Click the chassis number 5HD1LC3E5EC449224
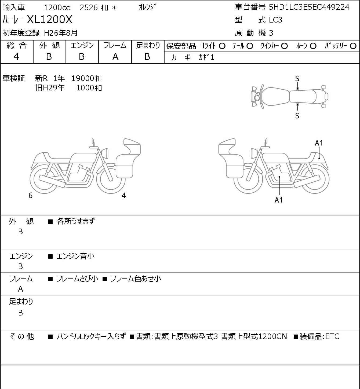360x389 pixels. (x=309, y=7)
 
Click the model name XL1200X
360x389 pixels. (x=49, y=19)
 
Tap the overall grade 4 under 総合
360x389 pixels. (x=16, y=57)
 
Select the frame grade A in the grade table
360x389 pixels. (x=115, y=57)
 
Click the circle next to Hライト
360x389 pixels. (x=222, y=46)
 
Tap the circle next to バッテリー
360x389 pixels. (x=353, y=46)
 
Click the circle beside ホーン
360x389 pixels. (x=313, y=46)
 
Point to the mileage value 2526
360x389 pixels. (x=89, y=8)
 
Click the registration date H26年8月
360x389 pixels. (x=61, y=33)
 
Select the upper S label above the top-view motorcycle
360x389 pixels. (x=297, y=79)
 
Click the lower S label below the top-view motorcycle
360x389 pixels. (x=297, y=116)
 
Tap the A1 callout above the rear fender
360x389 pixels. (x=319, y=143)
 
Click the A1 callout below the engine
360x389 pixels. (x=279, y=200)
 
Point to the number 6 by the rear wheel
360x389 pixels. (x=30, y=195)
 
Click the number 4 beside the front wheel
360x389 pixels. (x=124, y=195)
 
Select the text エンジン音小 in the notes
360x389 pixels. (x=75, y=256)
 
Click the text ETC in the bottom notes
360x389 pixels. (x=332, y=336)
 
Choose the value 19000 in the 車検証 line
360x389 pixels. (x=83, y=79)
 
